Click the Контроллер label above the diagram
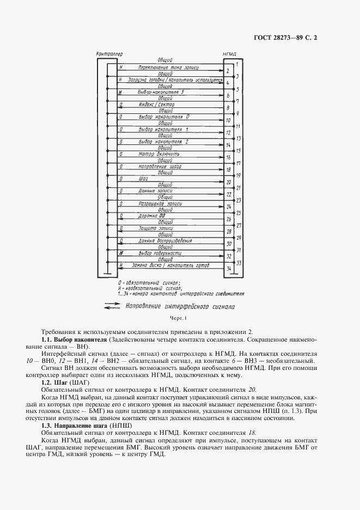tap(109, 54)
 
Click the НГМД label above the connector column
tap(229, 54)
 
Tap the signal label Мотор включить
tap(156, 154)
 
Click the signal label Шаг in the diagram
tap(144, 178)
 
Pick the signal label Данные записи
tap(156, 191)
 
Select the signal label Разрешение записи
tap(159, 203)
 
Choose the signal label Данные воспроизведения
tap(162, 240)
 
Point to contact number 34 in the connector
tap(229, 269)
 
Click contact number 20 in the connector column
tap(229, 181)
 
